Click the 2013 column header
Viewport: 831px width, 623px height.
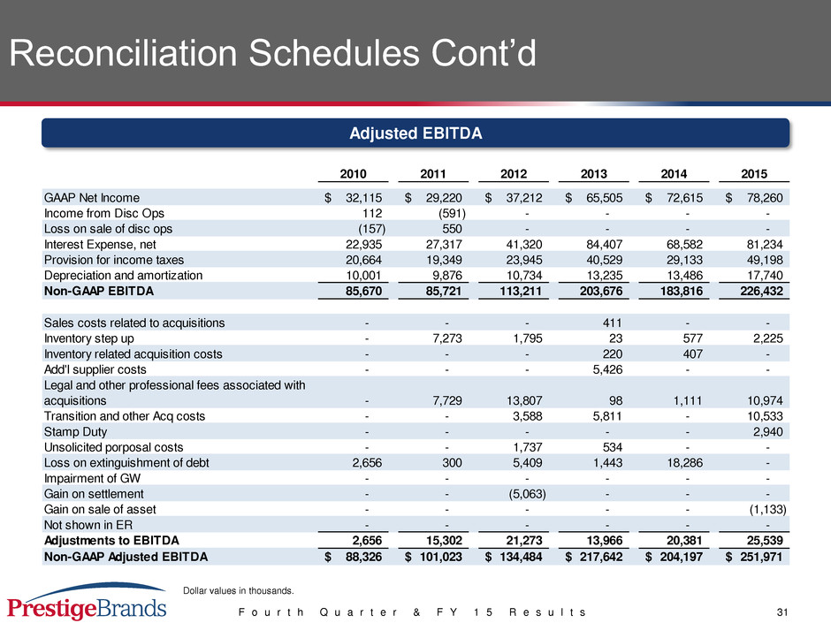click(x=593, y=174)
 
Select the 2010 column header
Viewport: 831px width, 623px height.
click(x=353, y=174)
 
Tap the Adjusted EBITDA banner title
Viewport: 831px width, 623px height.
click(x=415, y=133)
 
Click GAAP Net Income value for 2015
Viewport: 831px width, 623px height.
click(x=754, y=198)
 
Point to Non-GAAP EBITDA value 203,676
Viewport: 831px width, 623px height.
click(x=601, y=291)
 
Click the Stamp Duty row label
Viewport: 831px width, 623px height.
click(x=75, y=432)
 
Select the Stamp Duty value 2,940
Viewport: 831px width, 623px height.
click(x=768, y=432)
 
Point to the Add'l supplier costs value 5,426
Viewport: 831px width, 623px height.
click(x=607, y=369)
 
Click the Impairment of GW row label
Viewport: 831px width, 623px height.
click(x=92, y=478)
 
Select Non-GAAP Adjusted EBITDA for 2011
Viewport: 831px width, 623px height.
click(x=433, y=557)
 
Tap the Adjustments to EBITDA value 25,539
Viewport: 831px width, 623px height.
click(x=765, y=540)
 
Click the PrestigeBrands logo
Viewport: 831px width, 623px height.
click(x=87, y=601)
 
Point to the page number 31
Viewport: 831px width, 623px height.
click(x=782, y=612)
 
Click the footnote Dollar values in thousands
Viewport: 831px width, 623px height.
click(x=239, y=590)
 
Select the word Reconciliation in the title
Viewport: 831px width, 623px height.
click(x=123, y=53)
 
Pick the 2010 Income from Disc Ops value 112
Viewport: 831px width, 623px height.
click(x=372, y=214)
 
